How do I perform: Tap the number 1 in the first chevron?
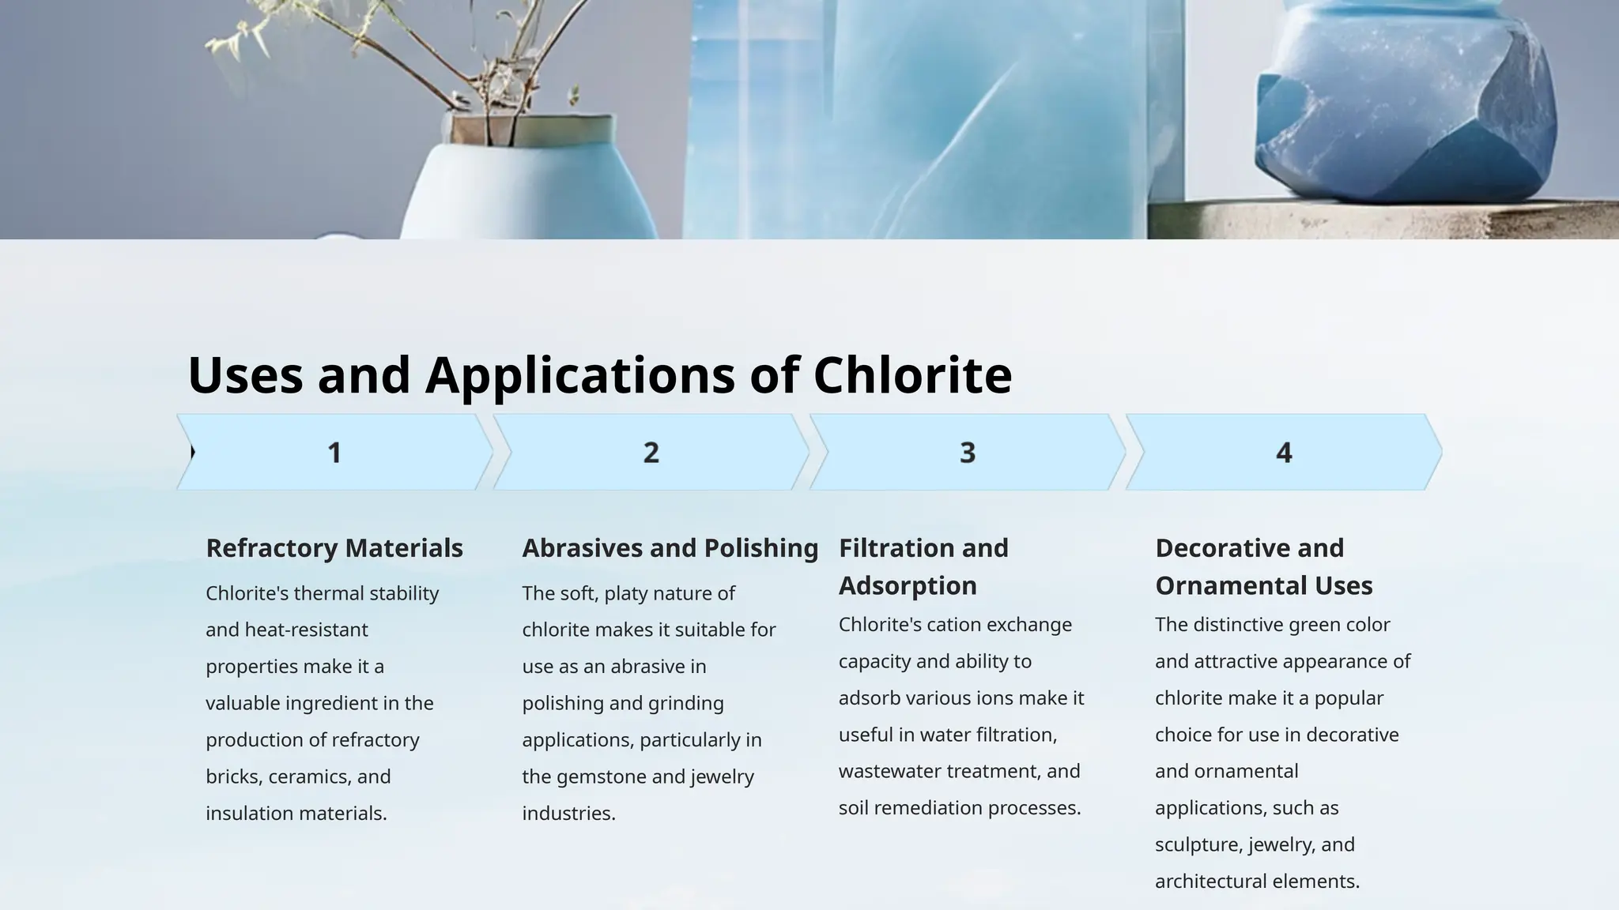click(x=334, y=453)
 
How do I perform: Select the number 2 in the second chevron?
click(x=651, y=453)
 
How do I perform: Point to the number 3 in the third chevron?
click(x=968, y=453)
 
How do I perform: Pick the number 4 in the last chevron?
click(x=1284, y=453)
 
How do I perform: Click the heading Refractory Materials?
click(x=334, y=548)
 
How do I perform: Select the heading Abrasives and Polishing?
click(x=670, y=548)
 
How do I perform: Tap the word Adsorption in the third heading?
click(x=908, y=586)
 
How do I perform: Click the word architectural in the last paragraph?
click(x=1210, y=882)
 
